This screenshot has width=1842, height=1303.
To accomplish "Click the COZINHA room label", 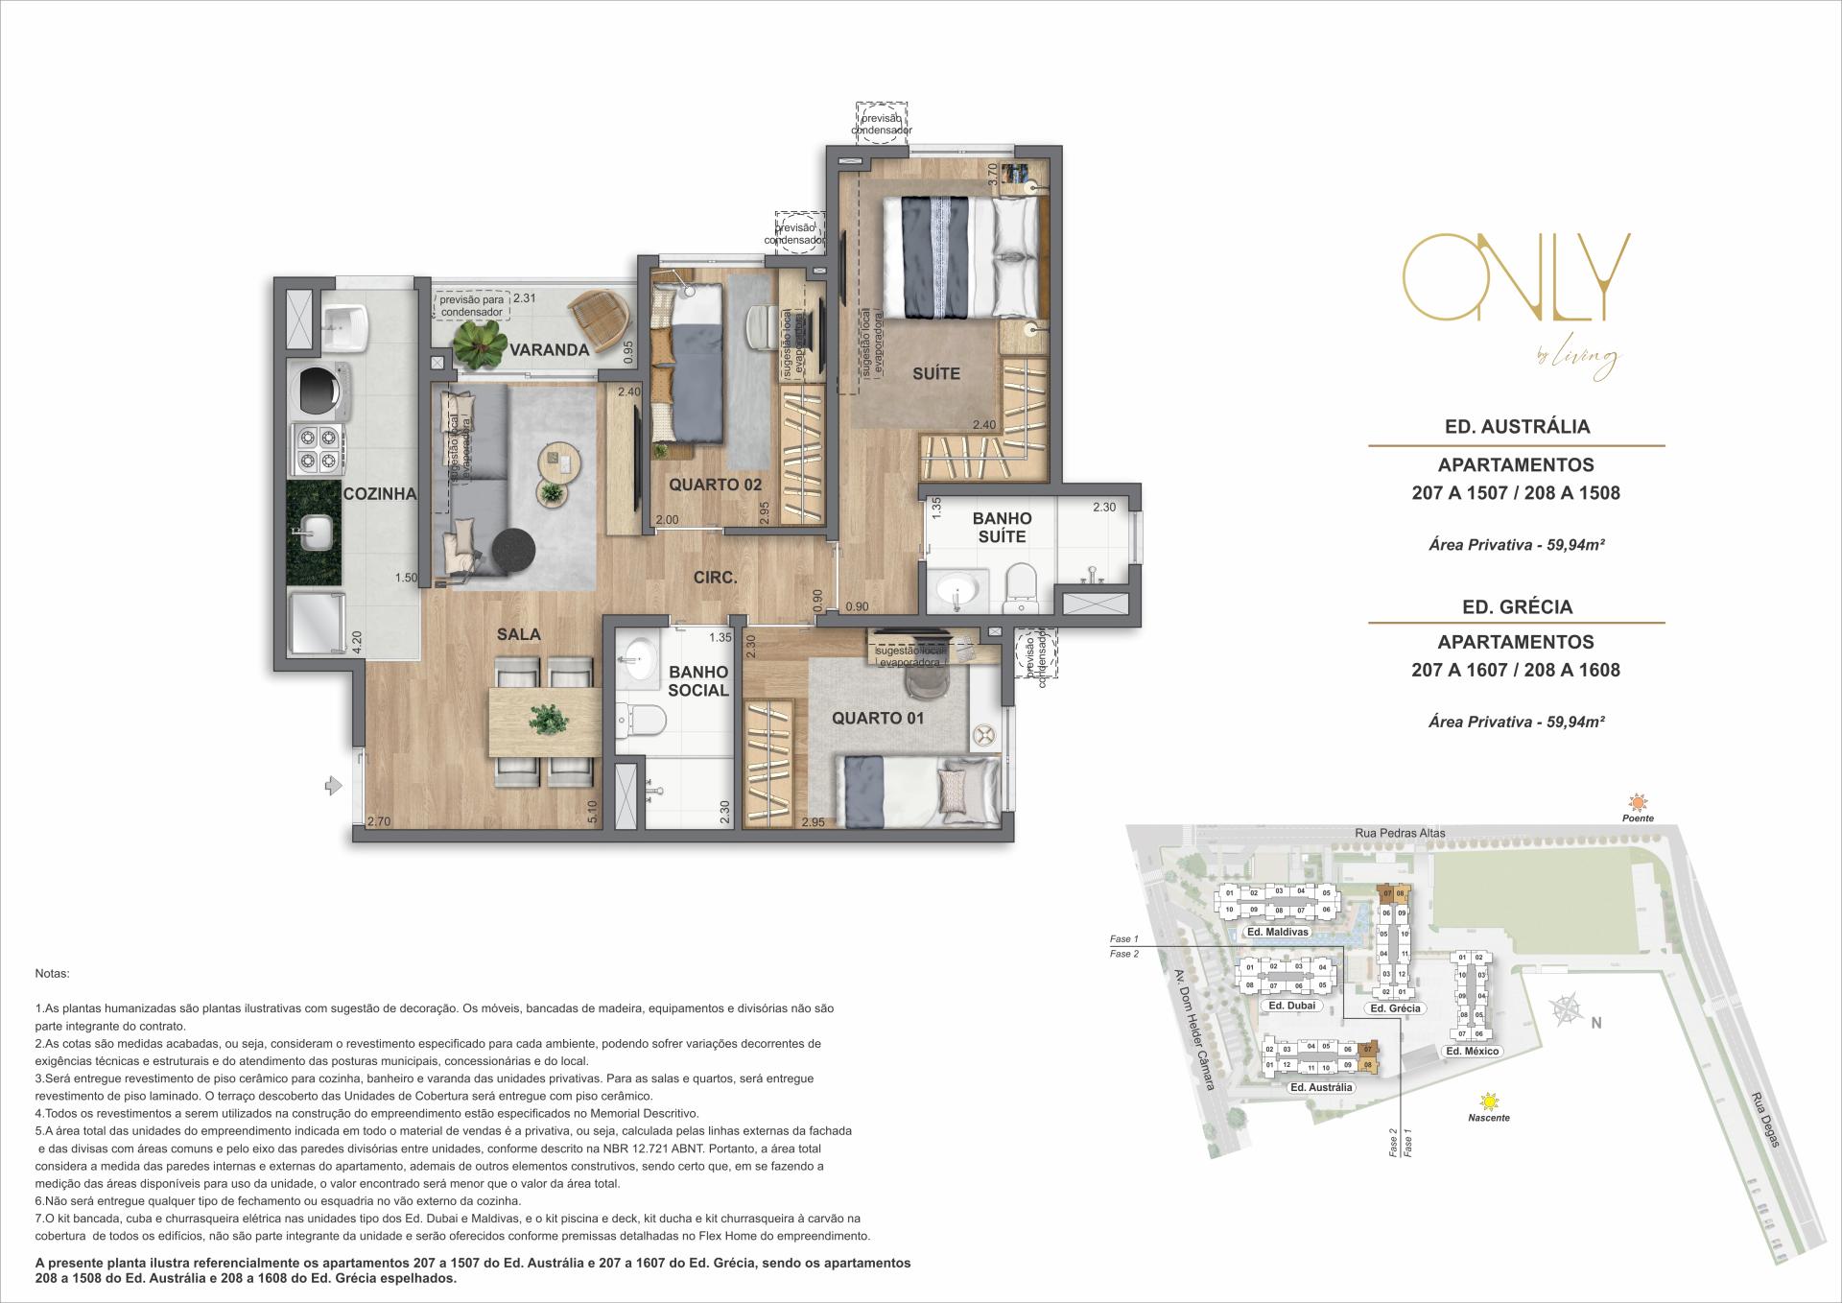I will [380, 494].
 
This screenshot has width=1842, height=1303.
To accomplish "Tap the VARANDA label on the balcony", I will [549, 350].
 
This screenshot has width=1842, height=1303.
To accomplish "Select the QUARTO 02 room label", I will [715, 485].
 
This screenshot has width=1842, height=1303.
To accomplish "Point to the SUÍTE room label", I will [935, 373].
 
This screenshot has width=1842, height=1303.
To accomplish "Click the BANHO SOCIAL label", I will [698, 681].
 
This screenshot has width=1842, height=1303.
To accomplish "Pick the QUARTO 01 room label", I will [878, 719].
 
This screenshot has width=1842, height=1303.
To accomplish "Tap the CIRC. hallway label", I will [715, 578].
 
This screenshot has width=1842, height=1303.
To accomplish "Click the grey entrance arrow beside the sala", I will [333, 787].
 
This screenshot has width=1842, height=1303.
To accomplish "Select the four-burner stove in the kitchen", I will [319, 449].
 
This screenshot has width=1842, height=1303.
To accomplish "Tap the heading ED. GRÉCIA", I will [1517, 607].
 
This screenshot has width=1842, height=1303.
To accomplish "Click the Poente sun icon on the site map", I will [1639, 802].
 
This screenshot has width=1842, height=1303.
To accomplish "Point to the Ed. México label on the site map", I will [1472, 1052].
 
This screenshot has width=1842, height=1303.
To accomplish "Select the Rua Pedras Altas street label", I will [1400, 833].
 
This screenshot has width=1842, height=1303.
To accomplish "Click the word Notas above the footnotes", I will [52, 973].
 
